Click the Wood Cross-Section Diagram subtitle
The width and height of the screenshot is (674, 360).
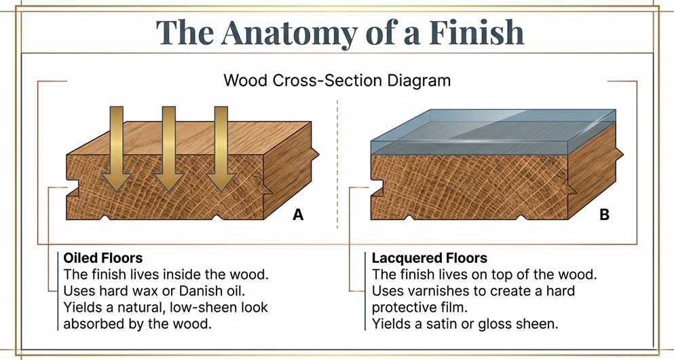point(337,80)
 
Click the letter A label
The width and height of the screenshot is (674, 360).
point(297,215)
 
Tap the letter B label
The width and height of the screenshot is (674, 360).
point(604,215)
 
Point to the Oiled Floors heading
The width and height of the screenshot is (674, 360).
point(102,259)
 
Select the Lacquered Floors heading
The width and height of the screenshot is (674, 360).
point(430,259)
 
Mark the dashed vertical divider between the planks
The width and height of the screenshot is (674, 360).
point(337,163)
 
